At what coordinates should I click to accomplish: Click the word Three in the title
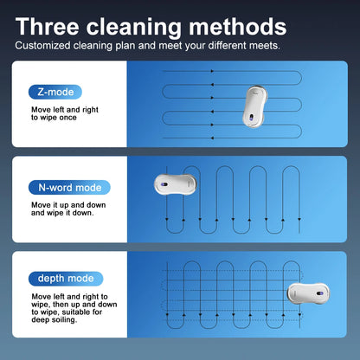[47, 27]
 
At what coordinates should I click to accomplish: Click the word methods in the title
[237, 27]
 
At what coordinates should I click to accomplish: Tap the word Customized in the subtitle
[42, 46]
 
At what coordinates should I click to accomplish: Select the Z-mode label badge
[55, 92]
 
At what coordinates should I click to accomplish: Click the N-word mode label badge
[69, 188]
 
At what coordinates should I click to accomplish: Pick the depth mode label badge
[66, 279]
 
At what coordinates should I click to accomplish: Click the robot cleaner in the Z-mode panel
[254, 106]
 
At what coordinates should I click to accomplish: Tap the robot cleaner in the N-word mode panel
[176, 184]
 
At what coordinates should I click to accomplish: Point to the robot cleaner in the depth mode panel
[308, 293]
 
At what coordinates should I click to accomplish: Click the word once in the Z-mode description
[67, 118]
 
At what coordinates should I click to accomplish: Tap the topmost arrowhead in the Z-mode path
[212, 71]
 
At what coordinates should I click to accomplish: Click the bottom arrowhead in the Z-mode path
[212, 138]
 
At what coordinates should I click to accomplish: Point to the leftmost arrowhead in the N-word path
[167, 220]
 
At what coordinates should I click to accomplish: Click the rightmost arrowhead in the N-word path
[299, 220]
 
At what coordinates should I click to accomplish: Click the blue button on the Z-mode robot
[251, 118]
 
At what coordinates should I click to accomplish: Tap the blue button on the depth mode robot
[319, 293]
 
